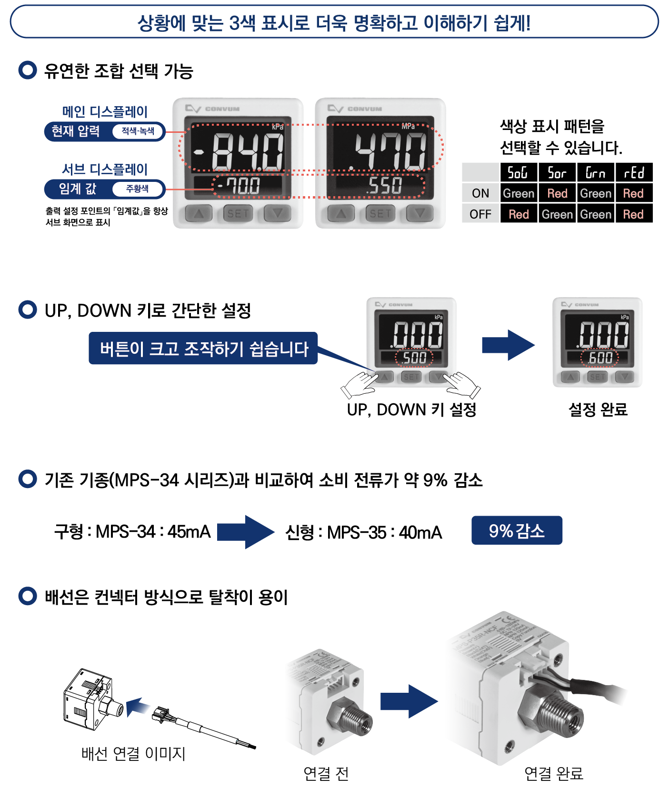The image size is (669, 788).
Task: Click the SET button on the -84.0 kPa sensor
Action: click(238, 213)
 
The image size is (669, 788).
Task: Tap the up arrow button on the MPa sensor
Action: click(341, 213)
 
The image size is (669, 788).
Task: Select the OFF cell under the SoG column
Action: click(519, 214)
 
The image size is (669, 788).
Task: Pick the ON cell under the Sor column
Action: click(557, 193)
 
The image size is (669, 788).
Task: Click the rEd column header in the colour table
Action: click(634, 172)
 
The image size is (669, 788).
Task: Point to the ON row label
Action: click(480, 193)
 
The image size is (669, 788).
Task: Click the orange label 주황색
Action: click(137, 189)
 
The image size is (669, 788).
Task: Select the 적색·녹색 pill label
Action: click(138, 131)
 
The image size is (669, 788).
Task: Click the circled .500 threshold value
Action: click(414, 358)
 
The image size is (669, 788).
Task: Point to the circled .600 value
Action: click(600, 358)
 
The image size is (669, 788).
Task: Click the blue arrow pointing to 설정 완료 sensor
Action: click(508, 345)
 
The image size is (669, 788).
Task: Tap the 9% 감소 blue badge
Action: click(517, 530)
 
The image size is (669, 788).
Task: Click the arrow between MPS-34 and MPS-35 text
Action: click(246, 532)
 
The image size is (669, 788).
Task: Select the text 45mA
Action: click(189, 532)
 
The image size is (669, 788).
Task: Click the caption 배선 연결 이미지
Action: click(133, 753)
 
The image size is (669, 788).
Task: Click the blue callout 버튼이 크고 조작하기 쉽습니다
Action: click(203, 349)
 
